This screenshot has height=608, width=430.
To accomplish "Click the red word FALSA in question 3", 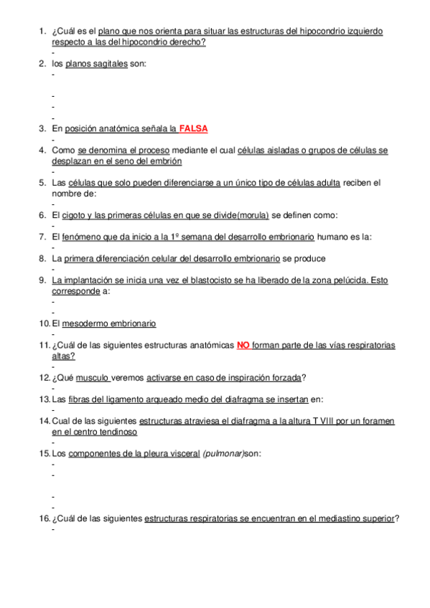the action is [194, 129].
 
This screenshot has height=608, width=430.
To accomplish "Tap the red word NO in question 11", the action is [243, 345].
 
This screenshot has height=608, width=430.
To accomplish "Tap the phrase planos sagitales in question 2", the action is [96, 64].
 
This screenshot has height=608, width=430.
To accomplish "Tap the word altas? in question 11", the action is [63, 356].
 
